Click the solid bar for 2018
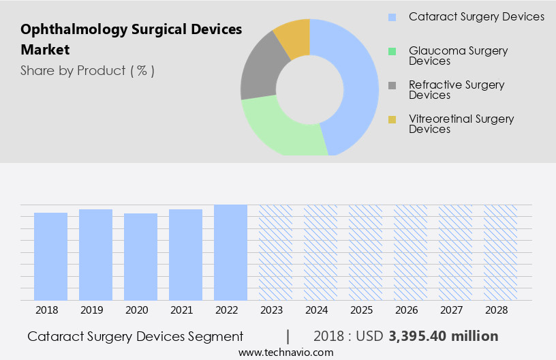pos(50,256)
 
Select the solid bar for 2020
pos(140,257)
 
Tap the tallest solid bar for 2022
pos(230,252)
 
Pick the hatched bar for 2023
pos(275,252)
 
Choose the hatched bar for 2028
pos(500,252)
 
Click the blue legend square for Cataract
pos(392,17)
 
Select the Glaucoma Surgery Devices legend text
pos(458,56)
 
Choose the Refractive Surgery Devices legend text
pos(457,90)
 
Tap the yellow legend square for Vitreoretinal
pos(392,120)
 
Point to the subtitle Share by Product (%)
pos(87,71)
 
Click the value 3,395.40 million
pos(443,336)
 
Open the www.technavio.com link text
pos(286,352)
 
